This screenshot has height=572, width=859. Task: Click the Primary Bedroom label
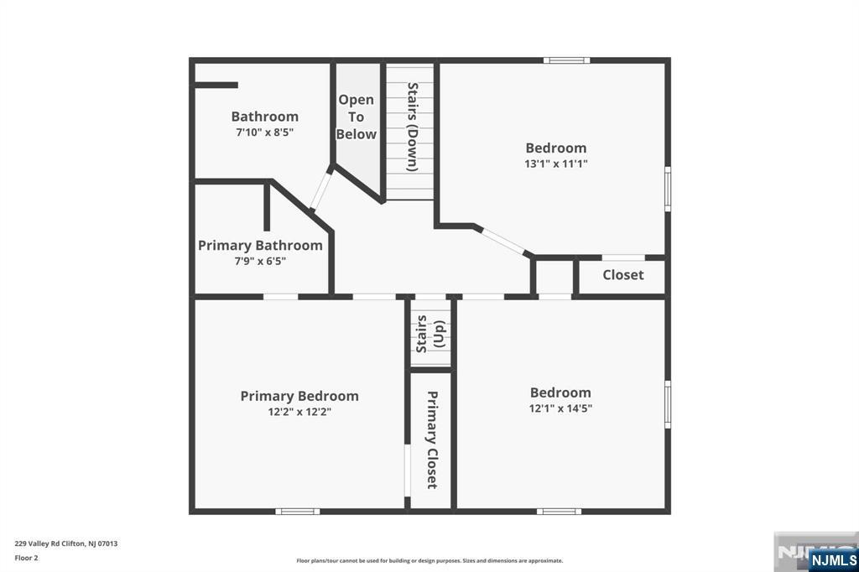click(299, 396)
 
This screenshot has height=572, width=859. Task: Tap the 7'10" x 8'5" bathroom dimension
click(264, 132)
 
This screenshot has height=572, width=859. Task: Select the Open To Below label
click(356, 117)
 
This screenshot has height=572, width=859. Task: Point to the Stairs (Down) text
click(413, 127)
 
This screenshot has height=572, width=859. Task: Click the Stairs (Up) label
click(430, 334)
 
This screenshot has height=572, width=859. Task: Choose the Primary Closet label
click(432, 440)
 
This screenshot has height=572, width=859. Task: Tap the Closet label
click(623, 275)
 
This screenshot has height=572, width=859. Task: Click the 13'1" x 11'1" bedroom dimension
click(556, 164)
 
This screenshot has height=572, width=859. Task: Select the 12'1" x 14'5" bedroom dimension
click(560, 408)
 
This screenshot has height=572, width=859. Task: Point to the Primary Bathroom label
click(260, 246)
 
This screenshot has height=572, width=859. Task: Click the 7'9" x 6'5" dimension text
click(260, 262)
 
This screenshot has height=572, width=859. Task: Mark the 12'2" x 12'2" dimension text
click(299, 412)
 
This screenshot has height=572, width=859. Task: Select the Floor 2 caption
click(26, 558)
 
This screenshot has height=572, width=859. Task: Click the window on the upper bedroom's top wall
click(567, 60)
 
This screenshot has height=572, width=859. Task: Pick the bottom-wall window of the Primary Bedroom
click(298, 512)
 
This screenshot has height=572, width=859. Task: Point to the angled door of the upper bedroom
click(503, 241)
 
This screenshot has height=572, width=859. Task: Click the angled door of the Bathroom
click(321, 189)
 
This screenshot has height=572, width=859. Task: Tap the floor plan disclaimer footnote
click(429, 560)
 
